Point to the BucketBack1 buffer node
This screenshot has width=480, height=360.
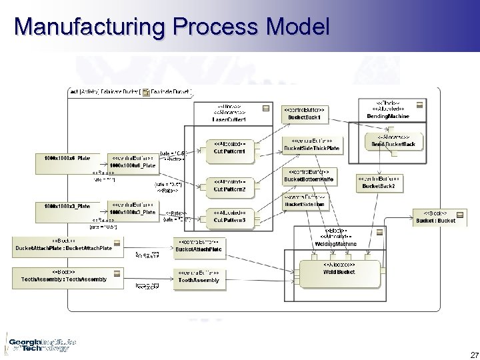click(305, 114)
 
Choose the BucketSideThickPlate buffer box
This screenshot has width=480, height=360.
click(311, 145)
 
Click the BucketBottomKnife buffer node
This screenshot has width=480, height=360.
click(311, 177)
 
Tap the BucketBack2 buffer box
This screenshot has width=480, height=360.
click(378, 183)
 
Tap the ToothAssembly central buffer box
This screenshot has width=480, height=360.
click(198, 277)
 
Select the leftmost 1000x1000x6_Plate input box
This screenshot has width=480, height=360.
click(62, 158)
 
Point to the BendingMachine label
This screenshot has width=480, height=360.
click(388, 114)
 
